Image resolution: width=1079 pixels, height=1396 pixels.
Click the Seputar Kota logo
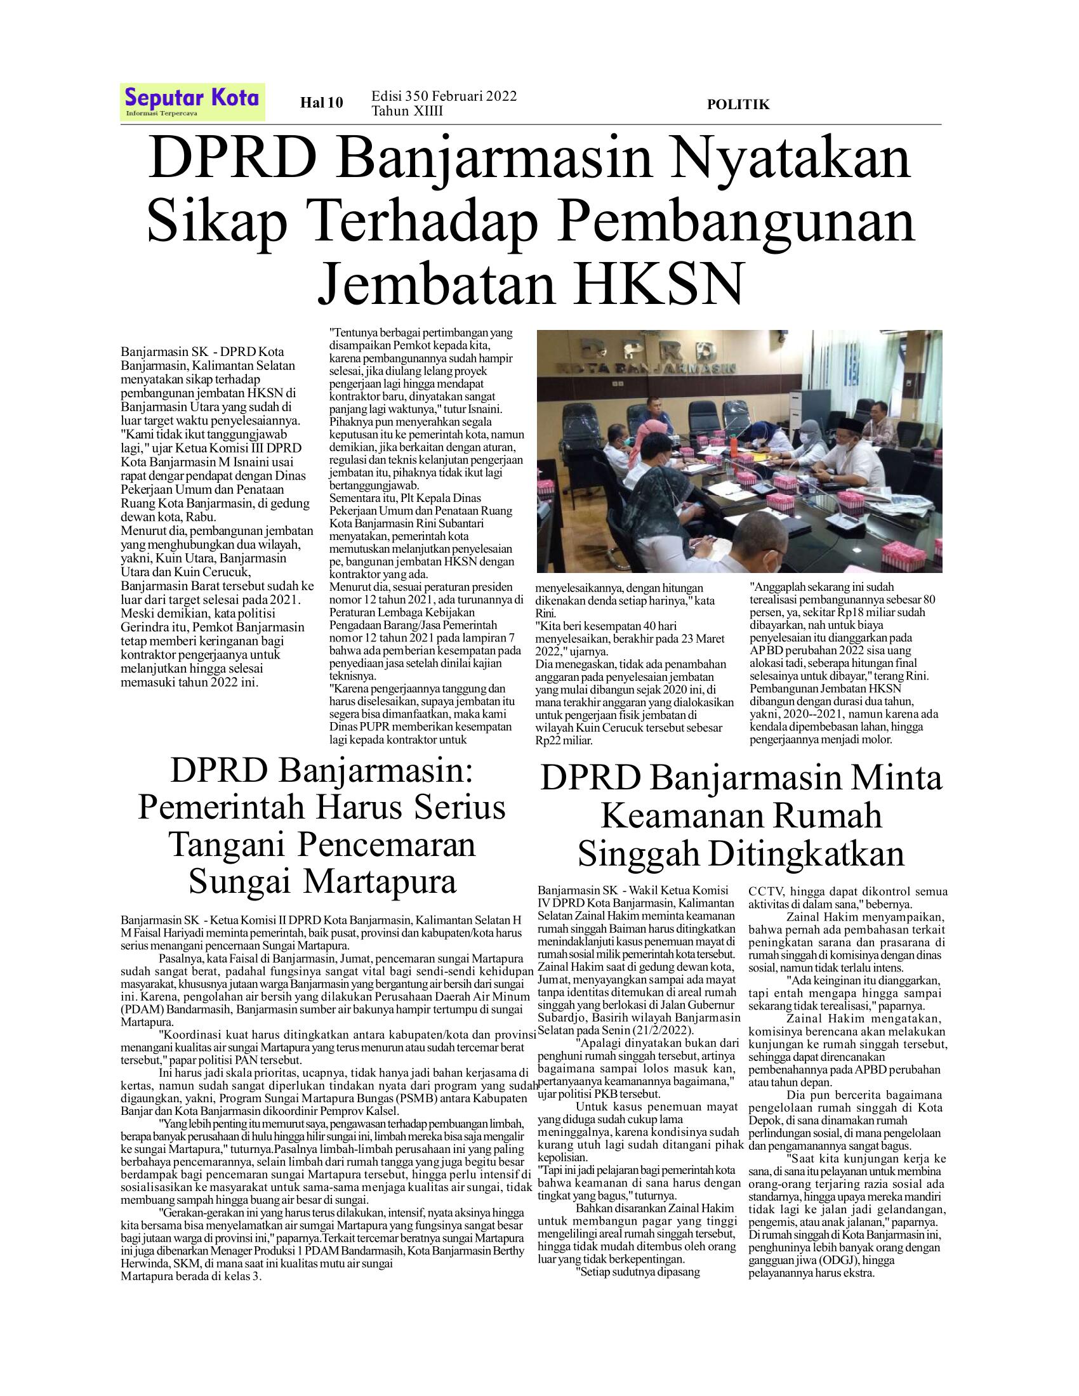(x=192, y=101)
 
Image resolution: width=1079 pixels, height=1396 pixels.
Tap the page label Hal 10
(x=322, y=103)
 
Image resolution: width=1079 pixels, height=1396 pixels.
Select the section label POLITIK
(x=738, y=105)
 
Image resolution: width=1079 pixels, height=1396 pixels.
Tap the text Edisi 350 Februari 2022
(x=444, y=96)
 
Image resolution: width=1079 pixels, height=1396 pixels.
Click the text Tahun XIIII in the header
(x=407, y=111)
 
